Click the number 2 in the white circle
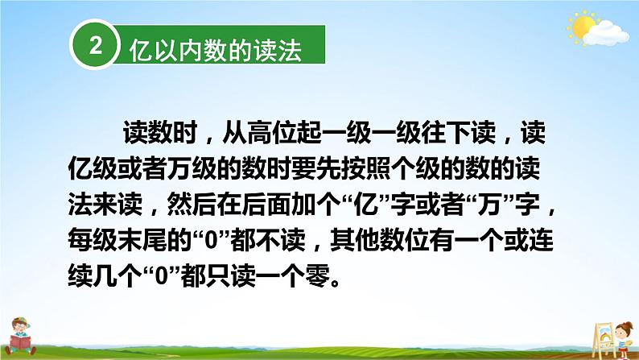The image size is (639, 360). [95, 45]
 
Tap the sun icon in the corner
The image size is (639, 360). [582, 27]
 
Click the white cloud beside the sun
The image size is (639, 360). [606, 34]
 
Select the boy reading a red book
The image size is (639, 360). [20, 337]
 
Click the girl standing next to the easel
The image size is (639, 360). [624, 339]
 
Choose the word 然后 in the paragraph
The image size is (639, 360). [192, 204]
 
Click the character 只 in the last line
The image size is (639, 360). [218, 275]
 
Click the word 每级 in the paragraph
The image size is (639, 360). [93, 240]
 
